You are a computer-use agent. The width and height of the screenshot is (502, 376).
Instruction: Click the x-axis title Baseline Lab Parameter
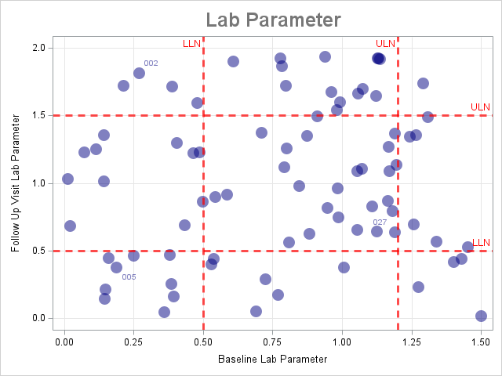point(272,359)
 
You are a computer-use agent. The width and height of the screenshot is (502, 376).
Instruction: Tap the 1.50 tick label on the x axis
point(481,342)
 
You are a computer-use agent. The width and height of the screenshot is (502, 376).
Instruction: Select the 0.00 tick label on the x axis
point(64,342)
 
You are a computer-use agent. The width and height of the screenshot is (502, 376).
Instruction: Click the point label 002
point(151,63)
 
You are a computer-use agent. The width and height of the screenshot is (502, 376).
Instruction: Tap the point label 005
point(129,277)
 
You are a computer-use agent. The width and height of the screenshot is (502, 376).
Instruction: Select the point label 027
point(380,222)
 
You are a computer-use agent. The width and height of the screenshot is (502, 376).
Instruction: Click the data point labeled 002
point(139,73)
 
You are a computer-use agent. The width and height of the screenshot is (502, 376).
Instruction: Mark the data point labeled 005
point(116,267)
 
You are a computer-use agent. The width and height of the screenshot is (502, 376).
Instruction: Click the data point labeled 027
point(376,231)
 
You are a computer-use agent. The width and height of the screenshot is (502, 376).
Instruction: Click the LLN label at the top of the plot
point(191,43)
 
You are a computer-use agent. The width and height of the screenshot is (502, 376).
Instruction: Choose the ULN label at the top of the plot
point(385,43)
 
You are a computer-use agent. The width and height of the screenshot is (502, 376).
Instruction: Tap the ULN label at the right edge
point(480,107)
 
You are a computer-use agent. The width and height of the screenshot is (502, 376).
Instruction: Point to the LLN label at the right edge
point(481,242)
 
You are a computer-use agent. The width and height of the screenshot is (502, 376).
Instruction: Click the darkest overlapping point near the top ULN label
point(378,58)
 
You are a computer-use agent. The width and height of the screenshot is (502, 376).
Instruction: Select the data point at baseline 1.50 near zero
point(481,316)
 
